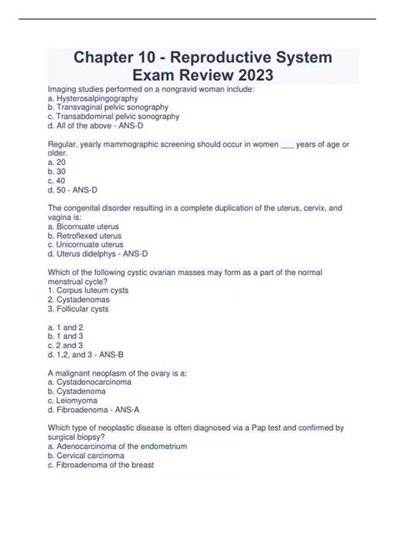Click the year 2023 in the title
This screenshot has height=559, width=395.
(252, 75)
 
